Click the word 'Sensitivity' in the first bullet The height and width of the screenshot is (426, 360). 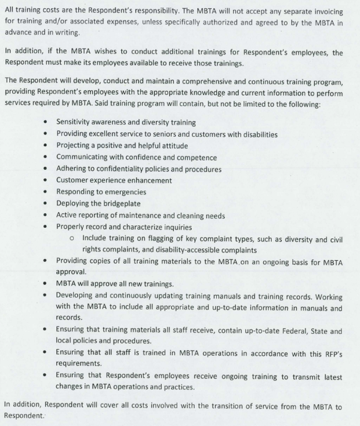pyautogui.click(x=75, y=122)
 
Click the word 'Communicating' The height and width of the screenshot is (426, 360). pyautogui.click(x=85, y=157)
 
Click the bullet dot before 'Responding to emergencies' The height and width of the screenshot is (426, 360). pyautogui.click(x=46, y=192)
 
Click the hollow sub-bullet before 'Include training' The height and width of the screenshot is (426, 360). pyautogui.click(x=71, y=238)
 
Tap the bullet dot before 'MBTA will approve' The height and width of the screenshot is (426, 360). pyautogui.click(x=46, y=283)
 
